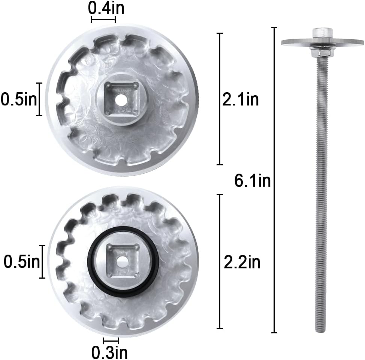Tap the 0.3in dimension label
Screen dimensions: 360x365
(110, 352)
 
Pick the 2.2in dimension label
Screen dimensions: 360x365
(242, 262)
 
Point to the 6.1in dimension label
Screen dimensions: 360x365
(252, 181)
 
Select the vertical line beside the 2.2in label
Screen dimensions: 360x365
(220, 261)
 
